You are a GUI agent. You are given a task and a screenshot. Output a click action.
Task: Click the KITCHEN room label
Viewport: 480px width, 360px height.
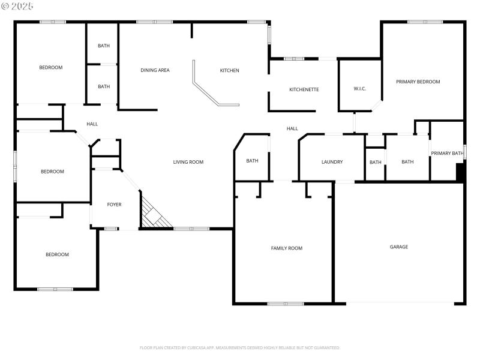229,71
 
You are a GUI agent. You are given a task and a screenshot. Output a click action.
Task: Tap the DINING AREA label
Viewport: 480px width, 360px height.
155,71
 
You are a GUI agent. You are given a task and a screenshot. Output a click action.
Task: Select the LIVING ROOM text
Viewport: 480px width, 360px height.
188,162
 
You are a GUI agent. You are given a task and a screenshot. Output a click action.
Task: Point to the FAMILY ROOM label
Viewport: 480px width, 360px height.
287,248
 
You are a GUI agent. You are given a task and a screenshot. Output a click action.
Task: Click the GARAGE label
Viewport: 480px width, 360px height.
399,247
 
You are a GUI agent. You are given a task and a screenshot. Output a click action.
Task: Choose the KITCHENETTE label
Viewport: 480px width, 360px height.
304,90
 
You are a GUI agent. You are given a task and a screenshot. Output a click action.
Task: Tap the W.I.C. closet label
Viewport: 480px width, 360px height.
359,89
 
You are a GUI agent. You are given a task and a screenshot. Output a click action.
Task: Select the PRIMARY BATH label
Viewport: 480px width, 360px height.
447,154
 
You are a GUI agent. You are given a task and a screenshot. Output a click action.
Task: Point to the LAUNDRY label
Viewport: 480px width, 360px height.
332,162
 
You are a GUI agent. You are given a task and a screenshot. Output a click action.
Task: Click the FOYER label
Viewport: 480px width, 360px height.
114,205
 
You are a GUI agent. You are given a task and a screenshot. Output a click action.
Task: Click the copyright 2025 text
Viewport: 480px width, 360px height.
17,5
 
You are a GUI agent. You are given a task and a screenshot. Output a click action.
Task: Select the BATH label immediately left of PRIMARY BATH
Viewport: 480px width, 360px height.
407,162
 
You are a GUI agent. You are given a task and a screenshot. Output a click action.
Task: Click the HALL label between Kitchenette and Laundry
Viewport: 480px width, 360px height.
292,129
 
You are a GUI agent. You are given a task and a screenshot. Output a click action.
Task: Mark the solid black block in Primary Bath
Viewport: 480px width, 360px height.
460,172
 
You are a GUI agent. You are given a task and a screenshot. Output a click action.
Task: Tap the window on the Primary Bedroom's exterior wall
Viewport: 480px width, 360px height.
425,22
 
